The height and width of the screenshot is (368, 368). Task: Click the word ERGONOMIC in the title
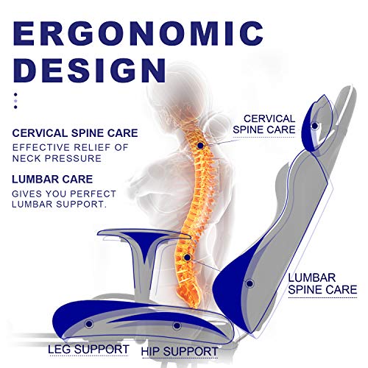(138, 33)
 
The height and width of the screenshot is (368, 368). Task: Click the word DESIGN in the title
(89, 70)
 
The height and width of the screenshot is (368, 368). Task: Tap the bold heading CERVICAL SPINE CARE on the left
(75, 133)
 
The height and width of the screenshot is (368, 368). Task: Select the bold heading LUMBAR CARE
(52, 180)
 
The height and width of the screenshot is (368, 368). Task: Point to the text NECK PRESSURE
(57, 158)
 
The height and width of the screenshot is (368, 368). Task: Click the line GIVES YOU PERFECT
(64, 194)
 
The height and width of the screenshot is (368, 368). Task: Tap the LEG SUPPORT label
(88, 349)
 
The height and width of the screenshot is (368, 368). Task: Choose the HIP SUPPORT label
(180, 352)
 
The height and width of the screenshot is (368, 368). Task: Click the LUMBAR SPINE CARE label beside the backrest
(322, 284)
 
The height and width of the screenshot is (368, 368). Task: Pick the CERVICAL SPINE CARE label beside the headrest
(264, 124)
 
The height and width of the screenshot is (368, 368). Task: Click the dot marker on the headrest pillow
(315, 126)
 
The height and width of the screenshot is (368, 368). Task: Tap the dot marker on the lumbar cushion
(250, 283)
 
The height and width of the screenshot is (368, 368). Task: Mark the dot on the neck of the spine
(200, 146)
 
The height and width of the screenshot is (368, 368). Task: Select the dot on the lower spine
(187, 258)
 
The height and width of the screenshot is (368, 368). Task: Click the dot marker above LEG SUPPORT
(89, 324)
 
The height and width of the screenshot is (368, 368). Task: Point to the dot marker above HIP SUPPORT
(177, 326)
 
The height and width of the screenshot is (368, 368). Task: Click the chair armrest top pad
(144, 233)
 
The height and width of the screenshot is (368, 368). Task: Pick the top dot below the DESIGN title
(15, 94)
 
